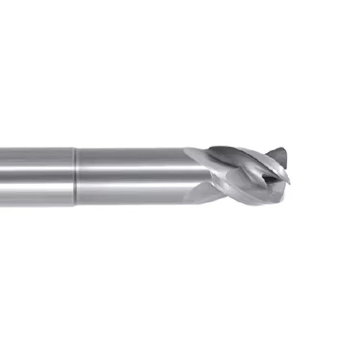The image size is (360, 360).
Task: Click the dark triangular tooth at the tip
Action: pos(278,157)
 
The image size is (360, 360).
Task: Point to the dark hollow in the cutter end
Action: pos(270,178)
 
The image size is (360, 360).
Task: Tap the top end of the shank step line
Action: pos(75,148)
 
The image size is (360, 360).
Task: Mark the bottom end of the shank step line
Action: pos(75,205)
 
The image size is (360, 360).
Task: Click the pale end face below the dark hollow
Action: pos(274,192)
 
